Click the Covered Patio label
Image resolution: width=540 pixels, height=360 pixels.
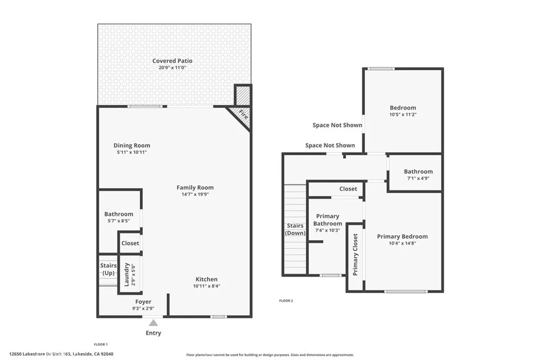(x=172, y=61)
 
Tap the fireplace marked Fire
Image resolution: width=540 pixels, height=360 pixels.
(x=242, y=115)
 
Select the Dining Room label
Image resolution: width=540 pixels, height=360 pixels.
(x=132, y=145)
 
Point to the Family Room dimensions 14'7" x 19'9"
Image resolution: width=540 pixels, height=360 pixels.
(x=195, y=194)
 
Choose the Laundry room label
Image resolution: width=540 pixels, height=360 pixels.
(x=127, y=274)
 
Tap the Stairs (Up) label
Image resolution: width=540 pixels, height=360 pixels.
(x=108, y=269)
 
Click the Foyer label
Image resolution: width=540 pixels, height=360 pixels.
(x=143, y=302)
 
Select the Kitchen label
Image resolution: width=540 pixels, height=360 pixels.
(x=206, y=279)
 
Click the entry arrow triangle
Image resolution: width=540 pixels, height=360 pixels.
(x=153, y=323)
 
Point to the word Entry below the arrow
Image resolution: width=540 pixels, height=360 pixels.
(x=153, y=333)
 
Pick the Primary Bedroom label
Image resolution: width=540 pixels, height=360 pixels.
(x=402, y=237)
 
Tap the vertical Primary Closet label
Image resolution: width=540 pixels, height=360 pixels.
(x=355, y=255)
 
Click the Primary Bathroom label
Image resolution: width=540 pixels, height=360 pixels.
(x=327, y=220)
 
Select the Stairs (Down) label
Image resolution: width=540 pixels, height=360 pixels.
(x=295, y=229)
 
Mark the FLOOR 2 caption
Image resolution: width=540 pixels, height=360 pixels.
(x=286, y=301)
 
